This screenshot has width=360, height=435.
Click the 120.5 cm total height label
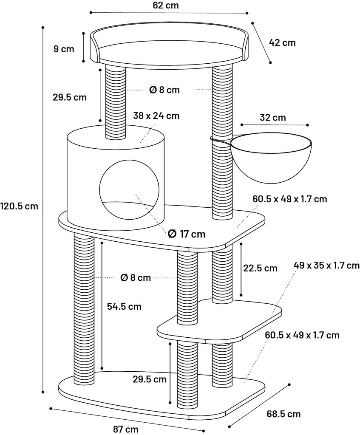pyautogui.click(x=19, y=206)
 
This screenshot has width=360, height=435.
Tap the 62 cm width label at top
pyautogui.click(x=166, y=5)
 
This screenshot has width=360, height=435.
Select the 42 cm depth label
pyautogui.click(x=282, y=43)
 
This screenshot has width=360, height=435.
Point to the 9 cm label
pyautogui.click(x=64, y=49)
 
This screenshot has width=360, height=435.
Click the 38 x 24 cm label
pyautogui.click(x=156, y=116)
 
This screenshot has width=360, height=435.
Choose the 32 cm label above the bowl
pyautogui.click(x=273, y=117)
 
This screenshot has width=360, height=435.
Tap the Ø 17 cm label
pyautogui.click(x=187, y=234)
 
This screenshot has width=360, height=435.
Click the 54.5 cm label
pyautogui.click(x=124, y=306)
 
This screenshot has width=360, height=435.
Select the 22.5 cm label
pyautogui.click(x=260, y=268)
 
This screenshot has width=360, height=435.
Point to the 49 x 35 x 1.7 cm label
pyautogui.click(x=327, y=266)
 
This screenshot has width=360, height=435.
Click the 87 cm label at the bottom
pyautogui.click(x=126, y=429)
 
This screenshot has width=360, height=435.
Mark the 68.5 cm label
pyautogui.click(x=283, y=414)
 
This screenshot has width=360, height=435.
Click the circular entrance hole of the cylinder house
pyautogui.click(x=129, y=190)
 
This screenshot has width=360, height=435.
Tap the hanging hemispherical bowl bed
pyautogui.click(x=271, y=157)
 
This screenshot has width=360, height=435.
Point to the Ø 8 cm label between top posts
pyautogui.click(x=164, y=90)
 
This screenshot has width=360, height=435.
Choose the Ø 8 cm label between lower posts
pyautogui.click(x=136, y=277)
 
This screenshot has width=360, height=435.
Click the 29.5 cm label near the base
pyautogui.click(x=149, y=379)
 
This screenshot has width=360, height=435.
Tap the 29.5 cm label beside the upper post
pyautogui.click(x=70, y=97)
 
